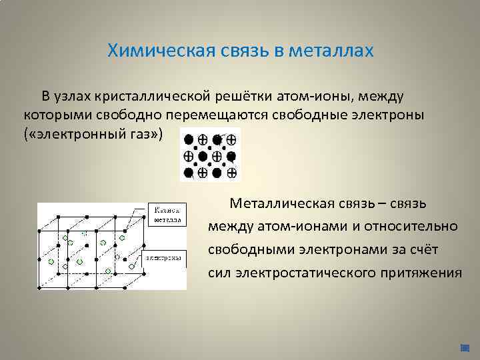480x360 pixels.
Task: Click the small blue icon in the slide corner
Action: [465, 347]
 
